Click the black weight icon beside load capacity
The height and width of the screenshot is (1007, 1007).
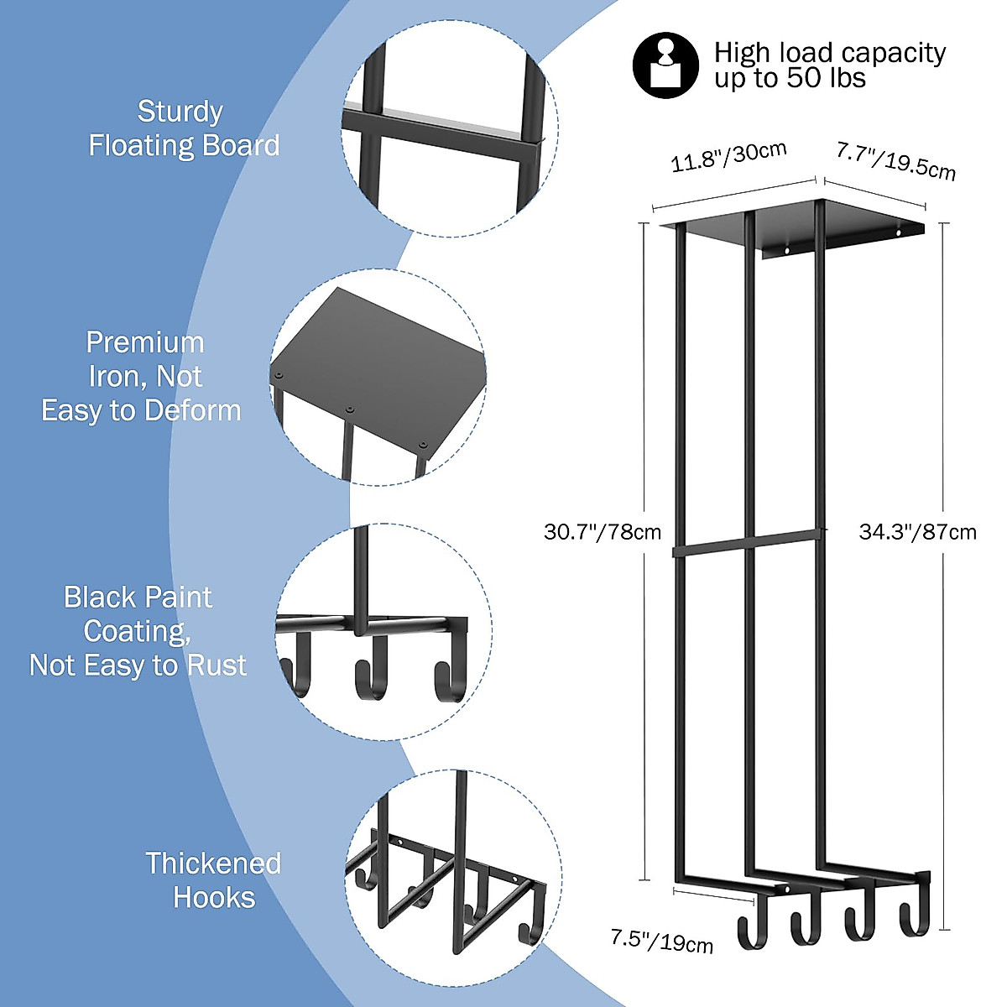tap(665, 65)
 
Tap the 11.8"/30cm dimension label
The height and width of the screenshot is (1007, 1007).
tap(728, 157)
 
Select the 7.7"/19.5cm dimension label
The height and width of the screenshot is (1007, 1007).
tap(895, 160)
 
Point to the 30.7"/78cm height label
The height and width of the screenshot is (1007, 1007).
tap(602, 532)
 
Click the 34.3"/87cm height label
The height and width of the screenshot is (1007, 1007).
tap(917, 532)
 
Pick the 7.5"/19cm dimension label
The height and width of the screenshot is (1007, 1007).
tap(661, 940)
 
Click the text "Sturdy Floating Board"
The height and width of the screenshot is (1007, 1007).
tap(183, 128)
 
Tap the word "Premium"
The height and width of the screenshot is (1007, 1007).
tap(145, 342)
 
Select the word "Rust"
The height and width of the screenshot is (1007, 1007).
tap(217, 665)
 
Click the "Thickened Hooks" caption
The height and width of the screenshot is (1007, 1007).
tap(213, 880)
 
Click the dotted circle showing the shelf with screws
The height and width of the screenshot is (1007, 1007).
tap(378, 377)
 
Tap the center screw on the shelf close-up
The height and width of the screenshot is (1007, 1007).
tap(350, 410)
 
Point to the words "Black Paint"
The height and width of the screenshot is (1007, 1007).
tap(138, 597)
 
